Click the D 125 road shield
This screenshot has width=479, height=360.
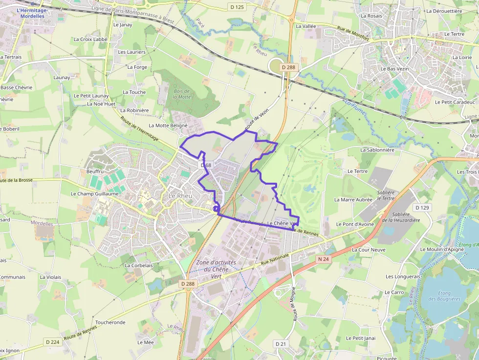pyautogui.click(x=236, y=7)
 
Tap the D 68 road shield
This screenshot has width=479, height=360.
pyautogui.click(x=206, y=165)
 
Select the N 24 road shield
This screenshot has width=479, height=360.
pyautogui.click(x=323, y=259)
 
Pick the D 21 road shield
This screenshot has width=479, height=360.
pyautogui.click(x=281, y=344)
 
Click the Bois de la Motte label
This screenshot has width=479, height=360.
pyautogui.click(x=182, y=94)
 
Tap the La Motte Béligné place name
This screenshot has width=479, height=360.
pyautogui.click(x=168, y=125)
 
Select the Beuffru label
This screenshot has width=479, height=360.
pyautogui.click(x=95, y=171)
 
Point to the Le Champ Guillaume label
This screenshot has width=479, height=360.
pyautogui.click(x=95, y=193)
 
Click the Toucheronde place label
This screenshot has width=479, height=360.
pyautogui.click(x=110, y=322)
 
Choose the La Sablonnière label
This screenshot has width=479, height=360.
pyautogui.click(x=377, y=150)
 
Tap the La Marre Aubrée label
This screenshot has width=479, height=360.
pyautogui.click(x=353, y=199)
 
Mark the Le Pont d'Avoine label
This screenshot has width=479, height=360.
pyautogui.click(x=355, y=224)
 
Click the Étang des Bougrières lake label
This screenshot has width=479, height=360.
pyautogui.click(x=444, y=296)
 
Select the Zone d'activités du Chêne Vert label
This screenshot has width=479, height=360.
pyautogui.click(x=216, y=269)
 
